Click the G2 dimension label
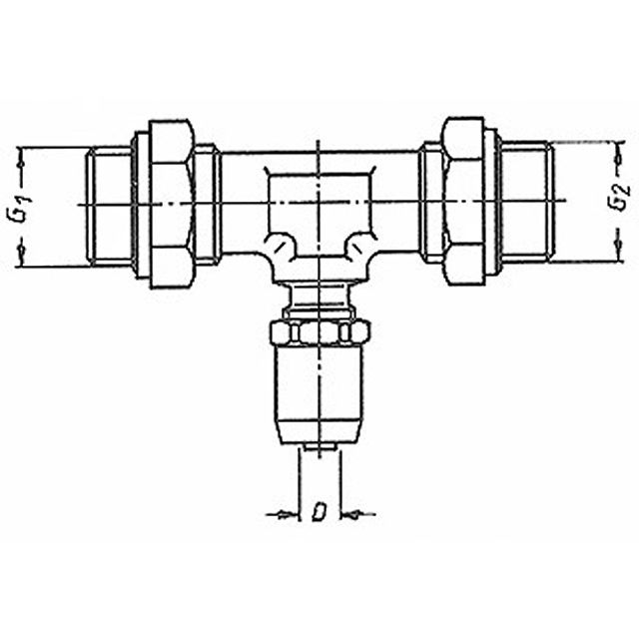click(x=621, y=198)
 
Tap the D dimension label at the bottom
click(x=319, y=512)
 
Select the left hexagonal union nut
click(x=171, y=204)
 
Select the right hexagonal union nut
click(x=464, y=201)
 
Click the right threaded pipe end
click(x=526, y=201)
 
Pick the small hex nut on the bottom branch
click(x=319, y=331)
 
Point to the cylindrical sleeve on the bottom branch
click(x=320, y=393)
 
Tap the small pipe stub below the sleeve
click(x=320, y=447)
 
